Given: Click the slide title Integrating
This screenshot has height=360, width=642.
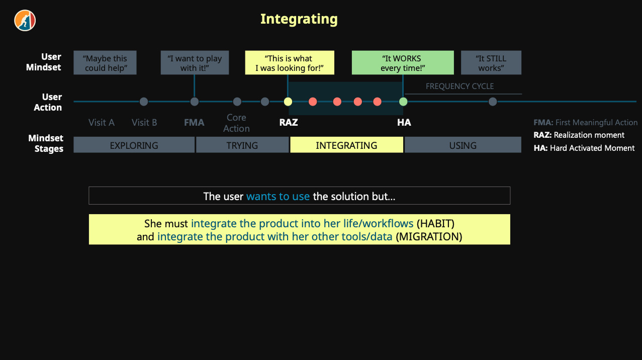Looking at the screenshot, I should pos(299,19).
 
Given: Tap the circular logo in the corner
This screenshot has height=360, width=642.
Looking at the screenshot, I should pos(25,21).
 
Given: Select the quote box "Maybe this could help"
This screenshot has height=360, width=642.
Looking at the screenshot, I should pos(105,63).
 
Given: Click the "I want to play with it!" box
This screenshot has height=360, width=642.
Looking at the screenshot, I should pos(195,63).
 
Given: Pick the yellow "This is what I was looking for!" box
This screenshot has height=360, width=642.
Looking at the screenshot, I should pos(289,63).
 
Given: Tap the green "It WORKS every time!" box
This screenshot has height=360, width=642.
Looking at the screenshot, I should pos(402,63).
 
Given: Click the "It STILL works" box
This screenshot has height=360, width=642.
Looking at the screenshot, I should pos(491,63).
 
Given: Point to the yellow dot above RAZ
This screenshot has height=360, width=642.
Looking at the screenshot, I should pos(288,102).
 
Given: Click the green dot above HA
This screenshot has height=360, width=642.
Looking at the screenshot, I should pos(403,102).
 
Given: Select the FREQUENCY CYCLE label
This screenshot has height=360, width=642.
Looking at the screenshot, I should pos(460,86).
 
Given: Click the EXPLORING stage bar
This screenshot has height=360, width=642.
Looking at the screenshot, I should pos(134,145).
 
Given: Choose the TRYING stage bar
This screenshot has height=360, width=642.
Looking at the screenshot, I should pos(242,145).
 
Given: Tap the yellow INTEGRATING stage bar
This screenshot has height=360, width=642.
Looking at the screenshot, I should pos(346,145).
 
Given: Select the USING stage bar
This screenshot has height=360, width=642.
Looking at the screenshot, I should pos(463,145).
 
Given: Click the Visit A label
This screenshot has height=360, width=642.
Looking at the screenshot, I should pos(102,122).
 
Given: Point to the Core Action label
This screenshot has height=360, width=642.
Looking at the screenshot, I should pos(236,123).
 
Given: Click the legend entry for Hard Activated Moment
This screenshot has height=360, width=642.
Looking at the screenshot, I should pos(584,148).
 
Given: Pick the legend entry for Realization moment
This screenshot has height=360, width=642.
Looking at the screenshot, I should pos(579,135).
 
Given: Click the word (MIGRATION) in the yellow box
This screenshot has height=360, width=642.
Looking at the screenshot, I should pos(429,236).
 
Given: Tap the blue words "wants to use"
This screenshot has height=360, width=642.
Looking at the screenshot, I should pos(278,196).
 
